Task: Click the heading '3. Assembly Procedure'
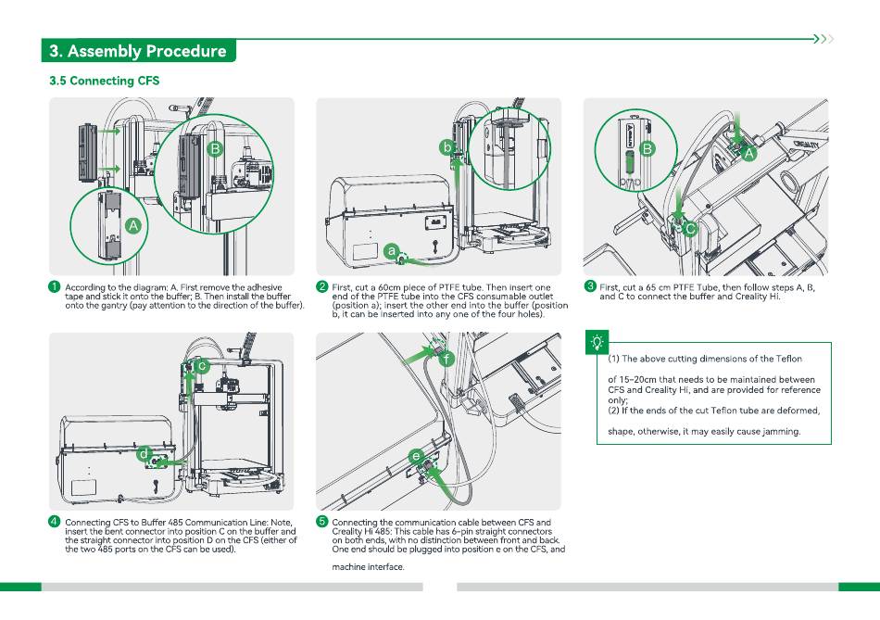(138, 51)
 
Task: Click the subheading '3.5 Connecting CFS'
(104, 81)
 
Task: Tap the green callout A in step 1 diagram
(132, 225)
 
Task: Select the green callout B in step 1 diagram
(214, 148)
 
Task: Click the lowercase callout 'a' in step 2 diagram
(392, 250)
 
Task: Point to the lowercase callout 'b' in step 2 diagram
(446, 146)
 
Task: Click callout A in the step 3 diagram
(749, 155)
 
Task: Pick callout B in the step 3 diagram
(647, 148)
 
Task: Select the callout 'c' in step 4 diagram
(201, 367)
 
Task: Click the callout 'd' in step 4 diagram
(145, 454)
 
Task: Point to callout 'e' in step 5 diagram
(417, 456)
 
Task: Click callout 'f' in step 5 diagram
(446, 359)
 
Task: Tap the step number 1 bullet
(56, 286)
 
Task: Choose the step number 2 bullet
(322, 286)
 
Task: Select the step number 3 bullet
(589, 286)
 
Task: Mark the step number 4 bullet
(56, 522)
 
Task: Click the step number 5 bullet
(322, 522)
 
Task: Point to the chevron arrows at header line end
(823, 39)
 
